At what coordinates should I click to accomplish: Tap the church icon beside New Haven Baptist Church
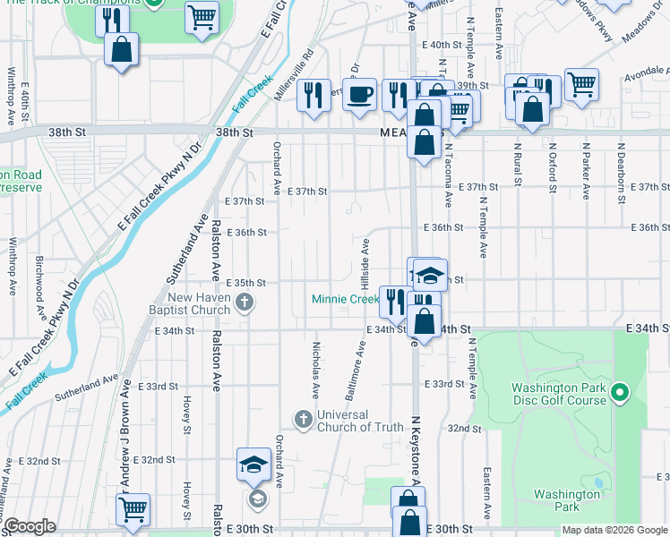[x=244, y=303]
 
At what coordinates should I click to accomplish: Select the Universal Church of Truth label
[x=360, y=421]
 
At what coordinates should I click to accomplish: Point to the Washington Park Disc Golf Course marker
[x=619, y=393]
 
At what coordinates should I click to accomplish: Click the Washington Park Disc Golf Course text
[x=559, y=394]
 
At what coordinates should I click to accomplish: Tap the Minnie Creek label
[x=345, y=299]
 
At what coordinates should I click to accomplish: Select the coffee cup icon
[x=360, y=95]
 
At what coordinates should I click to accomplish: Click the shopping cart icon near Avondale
[x=581, y=85]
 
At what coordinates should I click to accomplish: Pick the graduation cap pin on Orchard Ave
[x=254, y=464]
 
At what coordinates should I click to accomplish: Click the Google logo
[x=30, y=526]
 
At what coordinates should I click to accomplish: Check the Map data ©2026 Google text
[x=614, y=530]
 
